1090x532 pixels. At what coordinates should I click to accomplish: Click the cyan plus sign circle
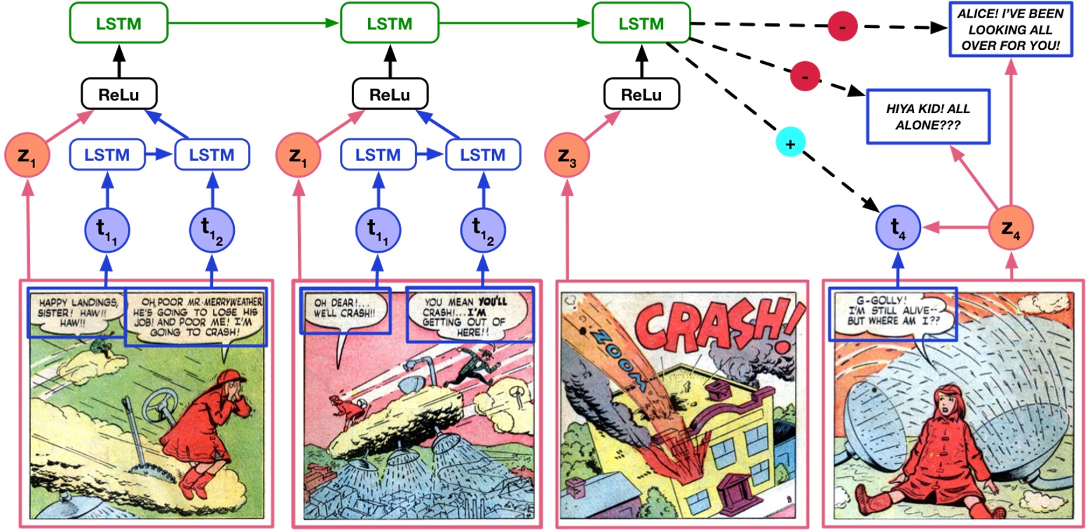click(x=790, y=143)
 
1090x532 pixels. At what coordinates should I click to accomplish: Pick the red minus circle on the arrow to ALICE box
click(x=841, y=27)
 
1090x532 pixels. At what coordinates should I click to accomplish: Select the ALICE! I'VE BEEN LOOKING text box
click(x=1010, y=29)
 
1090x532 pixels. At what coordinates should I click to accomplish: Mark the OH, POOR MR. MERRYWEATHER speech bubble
click(x=196, y=316)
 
